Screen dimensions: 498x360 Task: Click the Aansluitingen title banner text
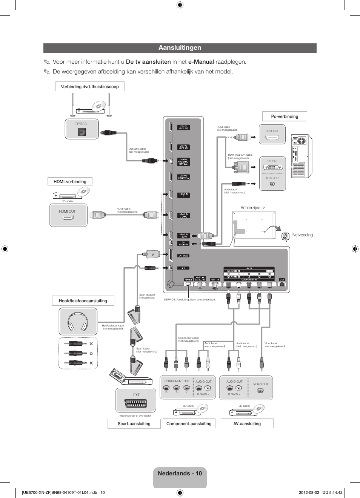[180, 48]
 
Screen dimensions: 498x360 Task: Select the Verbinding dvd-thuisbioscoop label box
[90, 87]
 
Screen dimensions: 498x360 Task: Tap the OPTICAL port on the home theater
[82, 132]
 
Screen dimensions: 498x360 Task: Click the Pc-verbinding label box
[285, 116]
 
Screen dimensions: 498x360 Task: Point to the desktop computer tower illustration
[302, 156]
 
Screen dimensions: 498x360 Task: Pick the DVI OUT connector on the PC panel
[272, 167]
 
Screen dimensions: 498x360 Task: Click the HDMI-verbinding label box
[70, 182]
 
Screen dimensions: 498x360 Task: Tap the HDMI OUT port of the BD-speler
[68, 218]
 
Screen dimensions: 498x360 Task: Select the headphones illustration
[78, 322]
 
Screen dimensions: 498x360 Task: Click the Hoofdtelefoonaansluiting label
[83, 301]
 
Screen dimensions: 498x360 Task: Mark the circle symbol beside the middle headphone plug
[91, 354]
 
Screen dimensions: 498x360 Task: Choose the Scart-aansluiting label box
[134, 424]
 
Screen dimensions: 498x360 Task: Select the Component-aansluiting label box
[189, 424]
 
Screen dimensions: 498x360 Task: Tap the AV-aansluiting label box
[247, 424]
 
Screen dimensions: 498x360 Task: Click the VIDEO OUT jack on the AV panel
[260, 391]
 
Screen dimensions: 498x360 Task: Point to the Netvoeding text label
[302, 235]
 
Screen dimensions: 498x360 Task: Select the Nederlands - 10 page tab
[180, 473]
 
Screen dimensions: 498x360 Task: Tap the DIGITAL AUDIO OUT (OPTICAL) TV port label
[184, 162]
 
